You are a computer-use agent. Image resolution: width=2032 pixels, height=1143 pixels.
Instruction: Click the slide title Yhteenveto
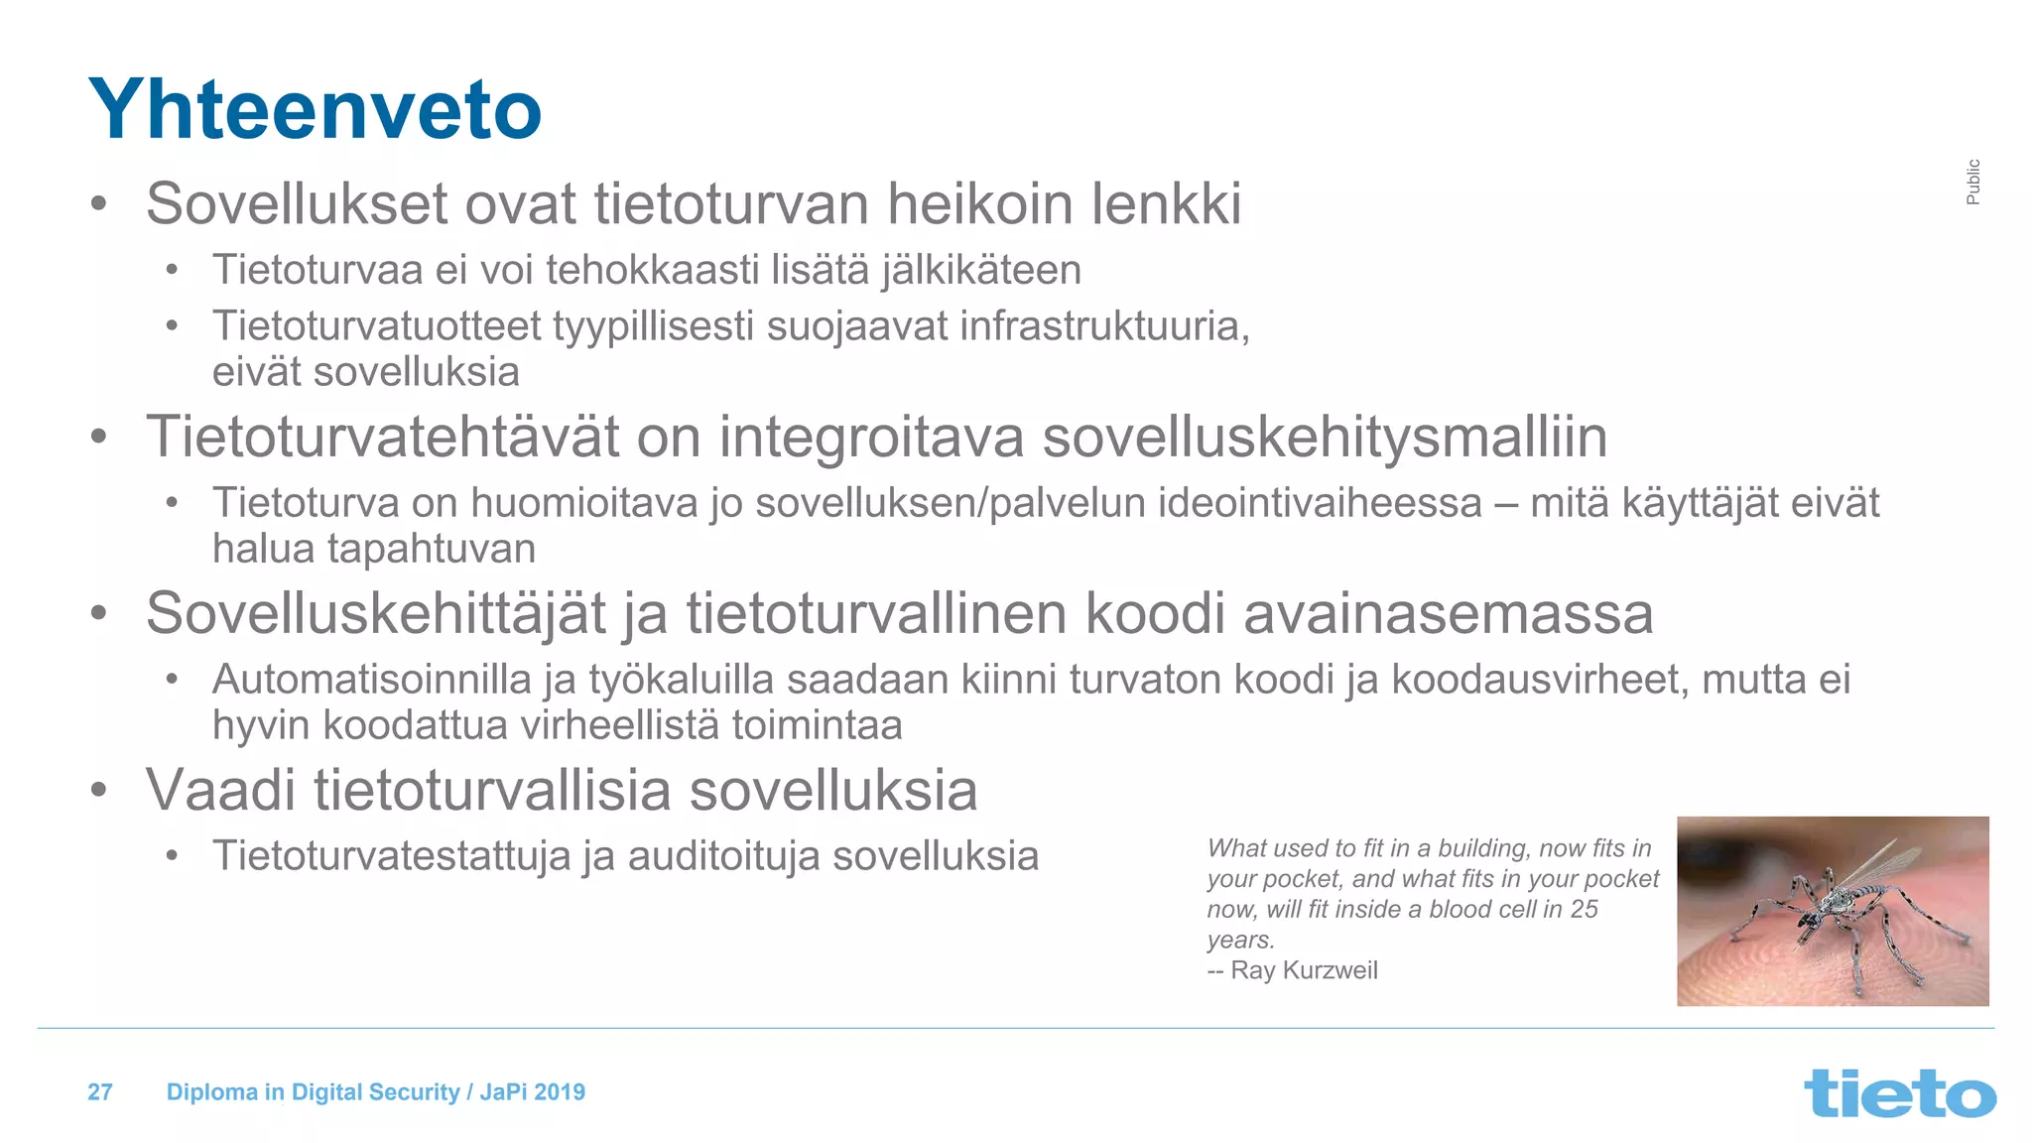pos(315,109)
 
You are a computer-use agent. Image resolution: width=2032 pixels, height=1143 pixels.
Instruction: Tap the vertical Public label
pos(1972,182)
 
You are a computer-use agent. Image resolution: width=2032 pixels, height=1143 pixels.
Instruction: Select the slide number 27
pos(100,1092)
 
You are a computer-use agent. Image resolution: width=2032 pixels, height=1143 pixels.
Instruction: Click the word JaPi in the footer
pos(503,1092)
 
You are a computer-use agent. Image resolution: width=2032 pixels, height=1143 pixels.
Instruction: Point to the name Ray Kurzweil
pos(1304,970)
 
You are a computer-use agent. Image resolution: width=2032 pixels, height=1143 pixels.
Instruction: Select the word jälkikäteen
pos(980,270)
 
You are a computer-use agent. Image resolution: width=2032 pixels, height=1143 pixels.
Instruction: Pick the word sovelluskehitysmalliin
pos(1325,437)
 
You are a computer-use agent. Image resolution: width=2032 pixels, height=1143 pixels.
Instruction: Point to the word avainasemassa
pos(1448,613)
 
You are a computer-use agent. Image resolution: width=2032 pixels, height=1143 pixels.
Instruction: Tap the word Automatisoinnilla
pos(372,680)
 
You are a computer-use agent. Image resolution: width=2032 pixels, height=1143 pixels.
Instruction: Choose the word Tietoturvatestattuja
pos(392,856)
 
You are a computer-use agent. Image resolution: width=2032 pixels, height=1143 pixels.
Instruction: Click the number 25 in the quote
pos(1584,910)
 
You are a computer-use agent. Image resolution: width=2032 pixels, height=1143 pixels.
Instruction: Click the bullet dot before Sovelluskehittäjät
pos(98,613)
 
